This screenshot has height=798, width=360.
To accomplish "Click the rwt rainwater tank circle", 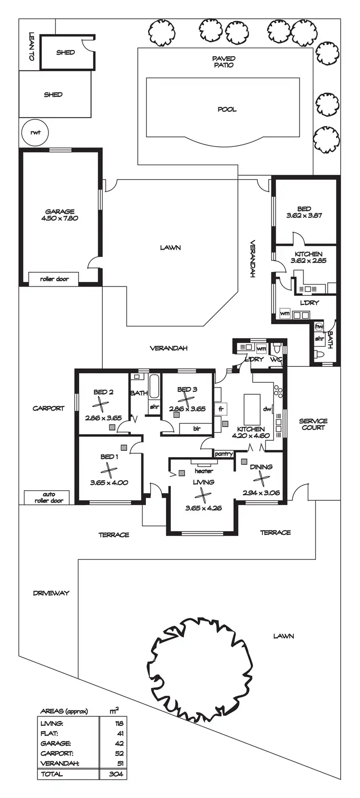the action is pos(35,133).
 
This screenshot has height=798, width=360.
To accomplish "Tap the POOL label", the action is pos(227,109).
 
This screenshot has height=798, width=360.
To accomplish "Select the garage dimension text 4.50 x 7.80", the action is pos(60,218).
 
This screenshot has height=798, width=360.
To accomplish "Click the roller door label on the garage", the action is pos(54,279).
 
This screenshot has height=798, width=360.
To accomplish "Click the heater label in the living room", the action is pos(204,471).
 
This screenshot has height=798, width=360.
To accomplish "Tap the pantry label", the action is pos(224,454).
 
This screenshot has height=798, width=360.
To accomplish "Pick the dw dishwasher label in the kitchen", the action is pos(267,409).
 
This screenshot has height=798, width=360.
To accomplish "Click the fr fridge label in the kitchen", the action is pos(221,409).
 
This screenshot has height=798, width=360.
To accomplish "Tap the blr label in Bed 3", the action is pos(197,429).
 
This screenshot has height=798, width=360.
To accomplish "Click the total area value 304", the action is pos(116,774).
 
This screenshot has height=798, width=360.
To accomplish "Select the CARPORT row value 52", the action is pos(120,753).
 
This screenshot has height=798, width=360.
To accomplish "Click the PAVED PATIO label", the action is pos(224,61).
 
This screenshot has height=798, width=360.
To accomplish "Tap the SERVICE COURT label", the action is pos(313,424).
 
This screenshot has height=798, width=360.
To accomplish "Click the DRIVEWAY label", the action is pos(51,593).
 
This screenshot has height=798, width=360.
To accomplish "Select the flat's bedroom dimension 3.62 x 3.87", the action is pos(304,216).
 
